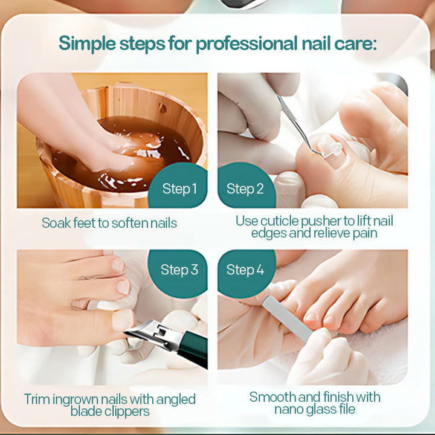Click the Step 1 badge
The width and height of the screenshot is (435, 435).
pos(179,186)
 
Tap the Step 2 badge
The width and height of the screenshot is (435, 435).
pos(245,186)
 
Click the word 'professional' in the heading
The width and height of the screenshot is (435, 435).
pos(246,44)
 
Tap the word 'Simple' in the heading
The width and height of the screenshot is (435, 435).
pos(87,43)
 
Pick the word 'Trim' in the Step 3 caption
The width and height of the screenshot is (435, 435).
pos(37,399)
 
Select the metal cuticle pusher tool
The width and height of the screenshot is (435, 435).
pos(298,126)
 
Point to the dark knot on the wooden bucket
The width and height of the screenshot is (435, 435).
pos(163,108)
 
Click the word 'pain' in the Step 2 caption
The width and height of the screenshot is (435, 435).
pos(365,234)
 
